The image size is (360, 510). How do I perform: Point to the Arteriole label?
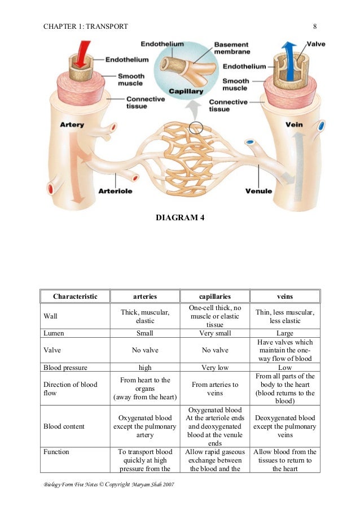pyautogui.click(x=115, y=191)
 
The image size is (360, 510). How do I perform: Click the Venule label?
pyautogui.click(x=259, y=191)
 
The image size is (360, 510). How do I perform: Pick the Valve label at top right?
pyautogui.click(x=315, y=43)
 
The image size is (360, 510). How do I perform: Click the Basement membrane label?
pyautogui.click(x=232, y=47)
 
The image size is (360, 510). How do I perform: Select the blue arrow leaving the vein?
pyautogui.click(x=288, y=54)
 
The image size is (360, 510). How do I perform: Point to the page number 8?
pyautogui.click(x=315, y=26)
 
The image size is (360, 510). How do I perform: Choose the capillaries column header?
pyautogui.click(x=215, y=296)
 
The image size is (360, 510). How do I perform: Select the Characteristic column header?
pyautogui.click(x=75, y=296)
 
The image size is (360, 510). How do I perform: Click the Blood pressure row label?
pyautogui.click(x=65, y=368)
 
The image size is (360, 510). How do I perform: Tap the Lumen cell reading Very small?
pyautogui.click(x=215, y=333)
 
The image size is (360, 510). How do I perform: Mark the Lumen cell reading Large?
pyautogui.click(x=284, y=333)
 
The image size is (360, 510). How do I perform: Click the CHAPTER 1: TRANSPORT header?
pyautogui.click(x=85, y=26)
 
